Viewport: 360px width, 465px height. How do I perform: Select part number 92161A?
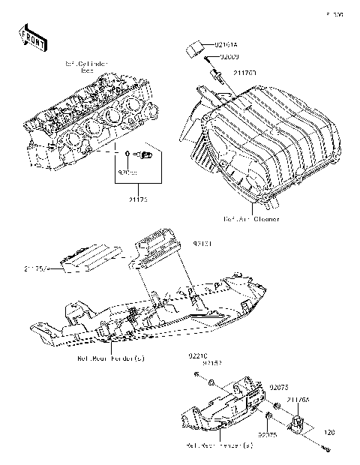pos(225,45)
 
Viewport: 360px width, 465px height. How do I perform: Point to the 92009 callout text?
pos(226,57)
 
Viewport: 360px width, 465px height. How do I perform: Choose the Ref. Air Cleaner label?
pos(251,219)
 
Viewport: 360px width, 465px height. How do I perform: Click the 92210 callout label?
pos(196,356)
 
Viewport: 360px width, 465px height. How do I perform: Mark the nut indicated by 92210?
pos(196,373)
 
